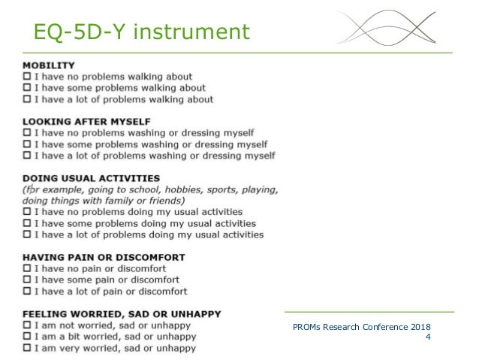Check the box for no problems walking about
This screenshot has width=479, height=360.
pyautogui.click(x=28, y=77)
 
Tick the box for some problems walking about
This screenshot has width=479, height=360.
pyautogui.click(x=28, y=88)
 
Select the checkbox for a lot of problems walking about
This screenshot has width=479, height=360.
pyautogui.click(x=28, y=99)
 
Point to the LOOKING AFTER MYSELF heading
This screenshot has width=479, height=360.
pyautogui.click(x=86, y=121)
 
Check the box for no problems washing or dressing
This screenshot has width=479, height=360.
pyautogui.click(x=28, y=133)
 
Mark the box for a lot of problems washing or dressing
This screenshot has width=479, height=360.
pyautogui.click(x=28, y=156)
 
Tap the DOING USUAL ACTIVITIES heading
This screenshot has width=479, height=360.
pyautogui.click(x=91, y=178)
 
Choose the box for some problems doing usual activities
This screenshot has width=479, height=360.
pyautogui.click(x=28, y=223)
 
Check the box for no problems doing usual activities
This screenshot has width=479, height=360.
pyautogui.click(x=28, y=212)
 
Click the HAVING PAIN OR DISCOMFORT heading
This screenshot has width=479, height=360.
pyautogui.click(x=104, y=257)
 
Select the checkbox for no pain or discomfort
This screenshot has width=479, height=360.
pyautogui.click(x=28, y=268)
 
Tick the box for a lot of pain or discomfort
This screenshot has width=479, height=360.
pyautogui.click(x=28, y=291)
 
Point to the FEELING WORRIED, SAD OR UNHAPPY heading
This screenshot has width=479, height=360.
pyautogui.click(x=122, y=313)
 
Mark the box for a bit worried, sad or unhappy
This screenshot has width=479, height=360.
pyautogui.click(x=28, y=336)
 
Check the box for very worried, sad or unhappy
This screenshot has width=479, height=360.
pyautogui.click(x=28, y=347)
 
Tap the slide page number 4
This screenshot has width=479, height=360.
pyautogui.click(x=428, y=337)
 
